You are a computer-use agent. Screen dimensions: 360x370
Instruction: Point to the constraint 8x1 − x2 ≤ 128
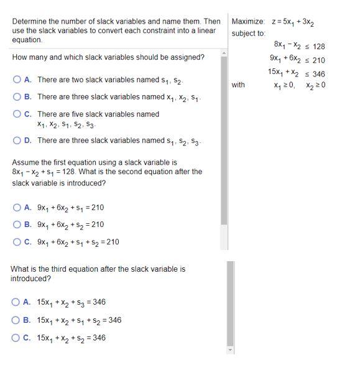pos(298,46)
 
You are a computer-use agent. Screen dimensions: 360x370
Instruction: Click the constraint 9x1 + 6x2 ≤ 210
pos(297,60)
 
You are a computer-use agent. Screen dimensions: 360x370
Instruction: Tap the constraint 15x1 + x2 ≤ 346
pos(296,73)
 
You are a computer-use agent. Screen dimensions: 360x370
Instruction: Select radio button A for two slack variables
pos(17,80)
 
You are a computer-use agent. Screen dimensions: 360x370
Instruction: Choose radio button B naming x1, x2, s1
pos(17,97)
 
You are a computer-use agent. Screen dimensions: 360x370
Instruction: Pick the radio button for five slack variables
pos(17,114)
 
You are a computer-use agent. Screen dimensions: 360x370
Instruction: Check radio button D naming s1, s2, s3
pos(17,141)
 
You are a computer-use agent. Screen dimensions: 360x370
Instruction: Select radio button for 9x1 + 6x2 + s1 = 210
pos(17,208)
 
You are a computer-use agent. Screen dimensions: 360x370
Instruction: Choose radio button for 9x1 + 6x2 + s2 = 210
pos(17,224)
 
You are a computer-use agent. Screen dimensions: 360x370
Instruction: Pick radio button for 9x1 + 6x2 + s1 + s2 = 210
pos(17,242)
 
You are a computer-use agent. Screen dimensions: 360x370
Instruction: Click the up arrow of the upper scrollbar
pos(224,54)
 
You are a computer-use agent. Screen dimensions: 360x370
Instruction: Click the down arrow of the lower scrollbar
pos(231,350)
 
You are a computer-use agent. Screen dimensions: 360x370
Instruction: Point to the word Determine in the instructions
pos(29,21)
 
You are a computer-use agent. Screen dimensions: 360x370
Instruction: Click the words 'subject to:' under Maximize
pos(248,34)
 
